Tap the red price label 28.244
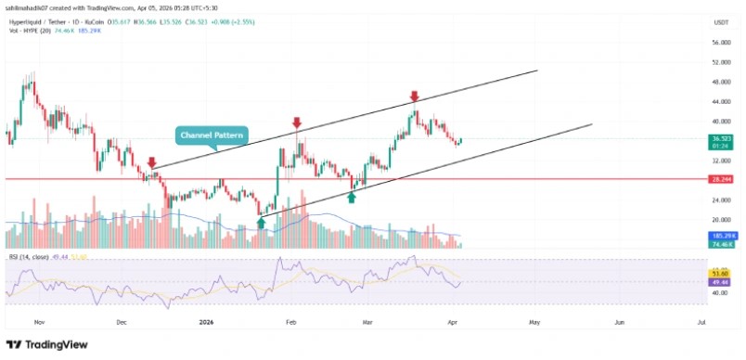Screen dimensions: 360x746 721,179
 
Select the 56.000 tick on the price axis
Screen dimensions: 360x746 721,43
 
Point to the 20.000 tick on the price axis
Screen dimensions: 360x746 721,220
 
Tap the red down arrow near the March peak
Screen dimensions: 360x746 414,96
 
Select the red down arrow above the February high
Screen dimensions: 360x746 297,122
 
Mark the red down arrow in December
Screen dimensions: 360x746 151,161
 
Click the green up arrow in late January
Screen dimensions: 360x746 262,222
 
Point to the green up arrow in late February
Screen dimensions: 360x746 352,197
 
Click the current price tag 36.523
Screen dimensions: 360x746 721,139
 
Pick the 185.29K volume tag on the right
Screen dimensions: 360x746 721,238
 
